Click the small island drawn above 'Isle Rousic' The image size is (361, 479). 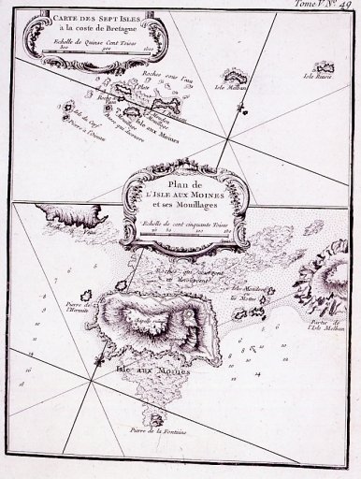pyautogui.click(x=324, y=66)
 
